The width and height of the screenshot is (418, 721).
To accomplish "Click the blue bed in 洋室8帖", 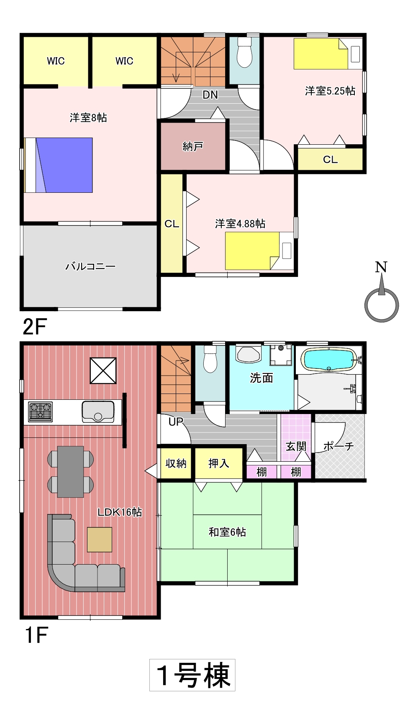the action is click(x=58, y=165).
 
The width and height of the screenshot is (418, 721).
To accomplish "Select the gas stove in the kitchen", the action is click(x=41, y=412).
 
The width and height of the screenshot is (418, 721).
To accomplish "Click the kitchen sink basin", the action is click(x=98, y=412).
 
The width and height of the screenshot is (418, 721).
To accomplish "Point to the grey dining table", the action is click(x=70, y=471).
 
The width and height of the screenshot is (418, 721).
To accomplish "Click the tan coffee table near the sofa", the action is click(x=100, y=539).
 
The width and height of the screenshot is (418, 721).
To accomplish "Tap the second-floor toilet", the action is click(x=245, y=52).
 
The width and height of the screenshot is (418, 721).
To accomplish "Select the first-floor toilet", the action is click(x=210, y=359).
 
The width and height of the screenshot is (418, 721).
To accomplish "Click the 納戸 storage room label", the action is click(x=193, y=146).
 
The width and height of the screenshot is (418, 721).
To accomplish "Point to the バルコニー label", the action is click(x=90, y=266).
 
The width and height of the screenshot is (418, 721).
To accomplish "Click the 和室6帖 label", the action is click(x=227, y=532).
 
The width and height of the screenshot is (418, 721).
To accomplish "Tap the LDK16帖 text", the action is click(x=120, y=512).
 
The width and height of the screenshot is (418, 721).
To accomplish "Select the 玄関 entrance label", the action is click(x=296, y=447).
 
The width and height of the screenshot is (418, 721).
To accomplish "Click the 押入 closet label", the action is click(x=218, y=463).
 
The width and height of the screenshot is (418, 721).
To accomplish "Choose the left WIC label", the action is click(x=56, y=61).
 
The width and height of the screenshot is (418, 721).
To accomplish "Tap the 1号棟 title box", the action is click(x=192, y=675).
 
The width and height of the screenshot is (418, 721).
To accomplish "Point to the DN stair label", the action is click(x=210, y=95).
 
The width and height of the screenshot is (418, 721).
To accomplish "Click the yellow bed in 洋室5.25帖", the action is click(x=321, y=54).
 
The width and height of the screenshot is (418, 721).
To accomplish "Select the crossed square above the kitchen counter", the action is click(x=103, y=371).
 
